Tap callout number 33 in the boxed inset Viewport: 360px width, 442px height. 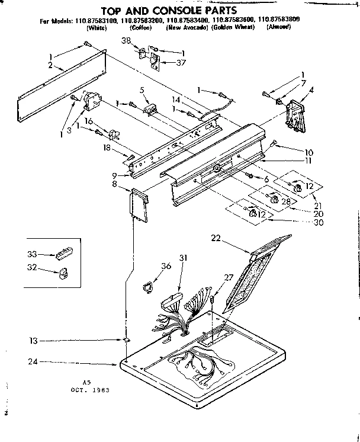(32, 254)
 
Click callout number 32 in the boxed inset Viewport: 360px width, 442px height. (32, 268)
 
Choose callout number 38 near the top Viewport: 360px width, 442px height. (126, 41)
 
